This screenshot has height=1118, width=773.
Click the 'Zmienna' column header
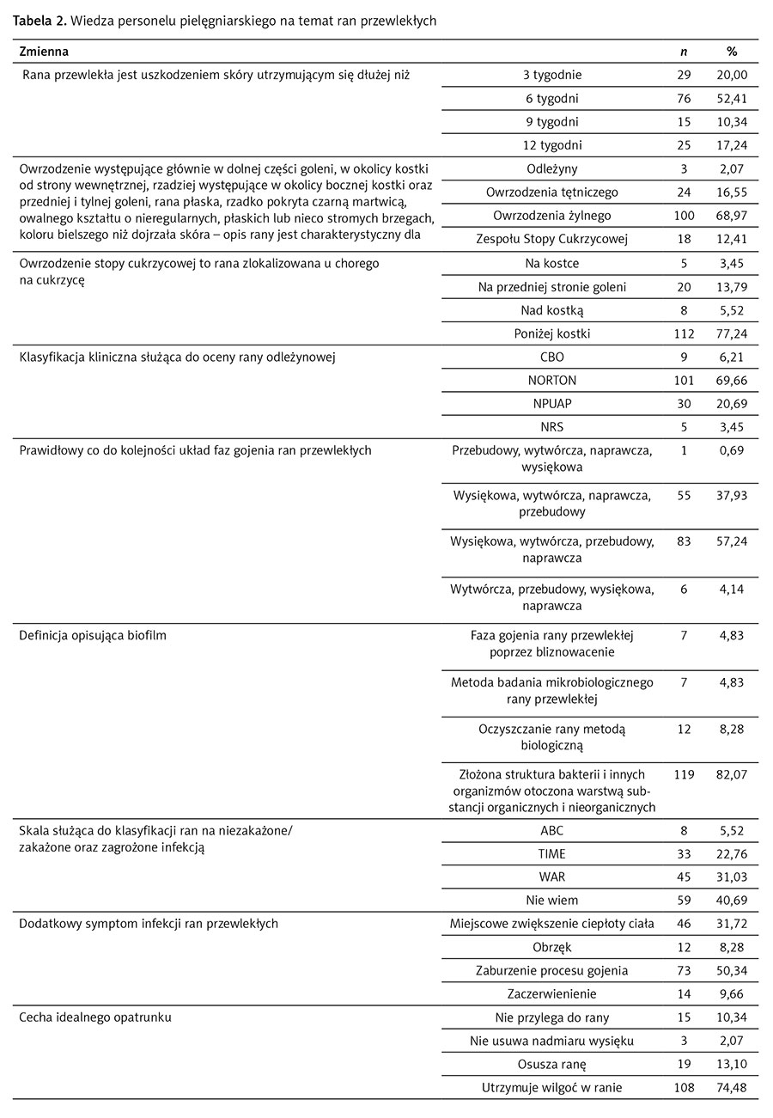pos(44,52)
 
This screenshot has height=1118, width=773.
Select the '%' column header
pos(732,52)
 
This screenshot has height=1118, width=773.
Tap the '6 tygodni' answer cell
pos(552,98)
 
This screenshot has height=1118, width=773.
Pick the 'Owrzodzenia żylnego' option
pos(552,215)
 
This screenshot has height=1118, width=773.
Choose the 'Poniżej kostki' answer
pos(552,333)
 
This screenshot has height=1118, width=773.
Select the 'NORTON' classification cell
pos(552,380)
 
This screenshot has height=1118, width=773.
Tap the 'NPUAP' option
pos(552,403)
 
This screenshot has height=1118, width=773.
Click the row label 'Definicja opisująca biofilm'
pos(88,636)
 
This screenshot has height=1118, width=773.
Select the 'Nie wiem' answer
pos(552,900)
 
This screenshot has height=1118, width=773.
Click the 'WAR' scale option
pos(552,877)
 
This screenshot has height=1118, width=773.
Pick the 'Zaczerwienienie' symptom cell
pos(552,993)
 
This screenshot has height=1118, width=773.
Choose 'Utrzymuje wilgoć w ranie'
pos(552,1087)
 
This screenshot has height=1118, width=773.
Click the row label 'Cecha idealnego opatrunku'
pos(95,1017)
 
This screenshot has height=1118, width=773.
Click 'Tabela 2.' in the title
pos(37,21)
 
